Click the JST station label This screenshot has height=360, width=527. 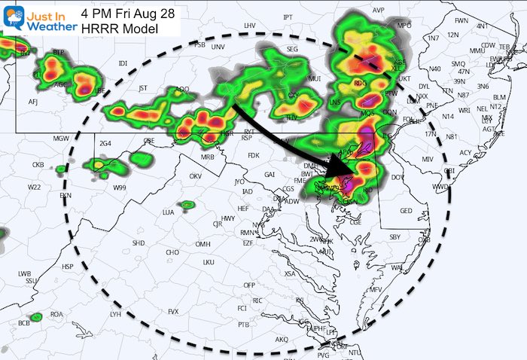(143, 88)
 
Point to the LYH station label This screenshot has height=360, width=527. (115, 313)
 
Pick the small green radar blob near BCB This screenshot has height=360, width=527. (35, 318)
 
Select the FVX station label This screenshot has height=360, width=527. (174, 311)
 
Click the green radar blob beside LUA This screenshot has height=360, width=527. (186, 205)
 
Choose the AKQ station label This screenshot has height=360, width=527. (282, 340)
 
